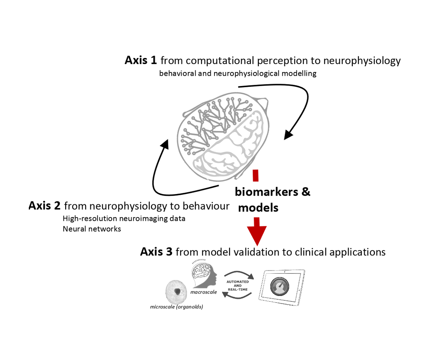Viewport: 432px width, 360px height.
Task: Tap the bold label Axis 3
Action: tap(156, 252)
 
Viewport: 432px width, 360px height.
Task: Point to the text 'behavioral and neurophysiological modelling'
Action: tap(238, 74)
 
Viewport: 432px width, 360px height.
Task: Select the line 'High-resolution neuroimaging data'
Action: tap(124, 219)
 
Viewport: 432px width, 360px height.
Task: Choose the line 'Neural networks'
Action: tap(92, 229)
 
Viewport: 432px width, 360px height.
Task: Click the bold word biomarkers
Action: tap(267, 192)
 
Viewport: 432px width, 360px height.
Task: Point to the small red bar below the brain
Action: tap(256, 175)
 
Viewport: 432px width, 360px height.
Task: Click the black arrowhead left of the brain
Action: tap(165, 144)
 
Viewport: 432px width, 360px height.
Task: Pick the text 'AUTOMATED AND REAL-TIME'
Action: tap(237, 285)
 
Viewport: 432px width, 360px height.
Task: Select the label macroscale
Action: tap(203, 292)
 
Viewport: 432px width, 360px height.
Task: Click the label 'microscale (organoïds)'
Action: tap(177, 307)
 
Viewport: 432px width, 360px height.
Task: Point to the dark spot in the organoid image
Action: tap(177, 291)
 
